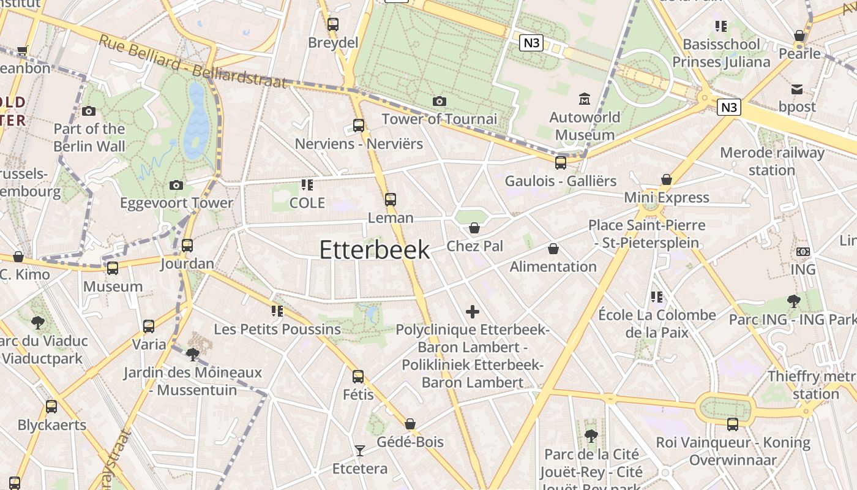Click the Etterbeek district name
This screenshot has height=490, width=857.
coord(375,250)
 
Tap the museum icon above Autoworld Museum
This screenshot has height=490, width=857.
coord(585,99)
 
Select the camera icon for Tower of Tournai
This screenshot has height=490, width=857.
coord(439,101)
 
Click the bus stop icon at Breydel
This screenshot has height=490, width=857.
coord(332,24)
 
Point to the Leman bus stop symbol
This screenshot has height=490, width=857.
coord(390,200)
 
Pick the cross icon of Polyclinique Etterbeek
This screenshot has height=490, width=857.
coord(473,312)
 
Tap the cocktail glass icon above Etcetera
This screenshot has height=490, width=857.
coord(359,451)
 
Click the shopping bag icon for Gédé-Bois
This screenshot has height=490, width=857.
coord(410,424)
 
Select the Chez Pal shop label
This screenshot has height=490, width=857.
coord(475,246)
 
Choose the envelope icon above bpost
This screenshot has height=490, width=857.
coord(797,89)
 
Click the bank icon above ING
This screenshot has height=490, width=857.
coord(803,252)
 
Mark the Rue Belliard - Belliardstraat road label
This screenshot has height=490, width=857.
coord(193,62)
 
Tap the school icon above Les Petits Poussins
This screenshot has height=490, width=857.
coord(277,311)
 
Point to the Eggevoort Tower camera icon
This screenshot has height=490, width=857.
coord(176,185)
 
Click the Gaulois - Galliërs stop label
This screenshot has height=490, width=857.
coord(561,181)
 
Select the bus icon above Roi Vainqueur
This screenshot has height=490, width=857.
coord(733,424)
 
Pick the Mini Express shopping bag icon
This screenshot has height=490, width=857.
coord(667,179)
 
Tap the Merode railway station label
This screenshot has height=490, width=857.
coord(772,161)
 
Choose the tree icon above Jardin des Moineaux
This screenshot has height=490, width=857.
coord(193,354)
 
